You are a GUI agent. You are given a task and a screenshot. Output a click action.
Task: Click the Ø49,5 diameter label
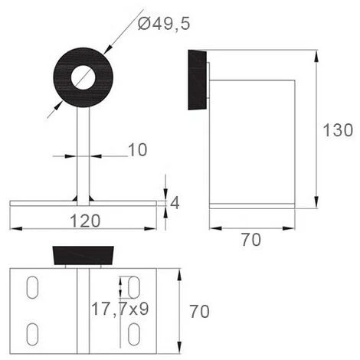coord(163,25)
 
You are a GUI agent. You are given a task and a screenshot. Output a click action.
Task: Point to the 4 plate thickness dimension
coord(174,203)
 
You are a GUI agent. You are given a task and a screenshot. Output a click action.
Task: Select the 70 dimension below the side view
coord(250,240)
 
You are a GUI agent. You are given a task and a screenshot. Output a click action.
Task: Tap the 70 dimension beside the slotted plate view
coord(198,312)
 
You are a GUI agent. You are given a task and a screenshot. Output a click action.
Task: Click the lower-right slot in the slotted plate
coord(133,332)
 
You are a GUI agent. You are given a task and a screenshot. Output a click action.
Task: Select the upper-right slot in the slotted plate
coord(133,288)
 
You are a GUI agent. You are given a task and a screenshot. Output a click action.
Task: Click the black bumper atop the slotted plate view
coord(84,256)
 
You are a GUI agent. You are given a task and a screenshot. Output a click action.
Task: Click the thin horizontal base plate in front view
coord(46,203)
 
